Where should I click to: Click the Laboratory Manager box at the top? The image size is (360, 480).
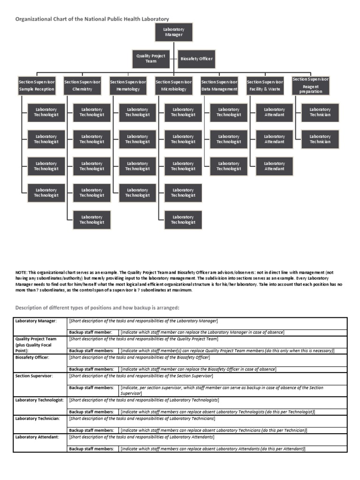173,32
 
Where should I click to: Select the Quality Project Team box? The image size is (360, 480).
151,59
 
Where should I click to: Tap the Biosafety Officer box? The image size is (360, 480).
197,59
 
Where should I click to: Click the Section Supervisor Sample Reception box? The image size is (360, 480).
37,85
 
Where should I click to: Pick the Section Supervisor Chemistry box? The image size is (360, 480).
82,85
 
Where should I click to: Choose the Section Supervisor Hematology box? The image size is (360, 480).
128,85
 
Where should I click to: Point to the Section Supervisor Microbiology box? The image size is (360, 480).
174,85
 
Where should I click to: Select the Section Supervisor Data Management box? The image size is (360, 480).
219,85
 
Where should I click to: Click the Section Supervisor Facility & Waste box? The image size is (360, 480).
265,85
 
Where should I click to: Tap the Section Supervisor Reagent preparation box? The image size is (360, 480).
310,85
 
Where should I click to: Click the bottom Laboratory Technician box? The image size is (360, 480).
320,139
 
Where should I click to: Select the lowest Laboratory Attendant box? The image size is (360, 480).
274,166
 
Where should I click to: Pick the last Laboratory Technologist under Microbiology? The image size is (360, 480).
183,220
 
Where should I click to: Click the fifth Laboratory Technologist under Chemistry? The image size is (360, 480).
92,220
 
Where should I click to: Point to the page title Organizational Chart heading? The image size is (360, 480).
92,19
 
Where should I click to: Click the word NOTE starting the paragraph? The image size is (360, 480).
22,272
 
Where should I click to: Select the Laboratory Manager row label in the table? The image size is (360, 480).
36,321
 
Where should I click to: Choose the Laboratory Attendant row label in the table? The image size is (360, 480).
37,437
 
